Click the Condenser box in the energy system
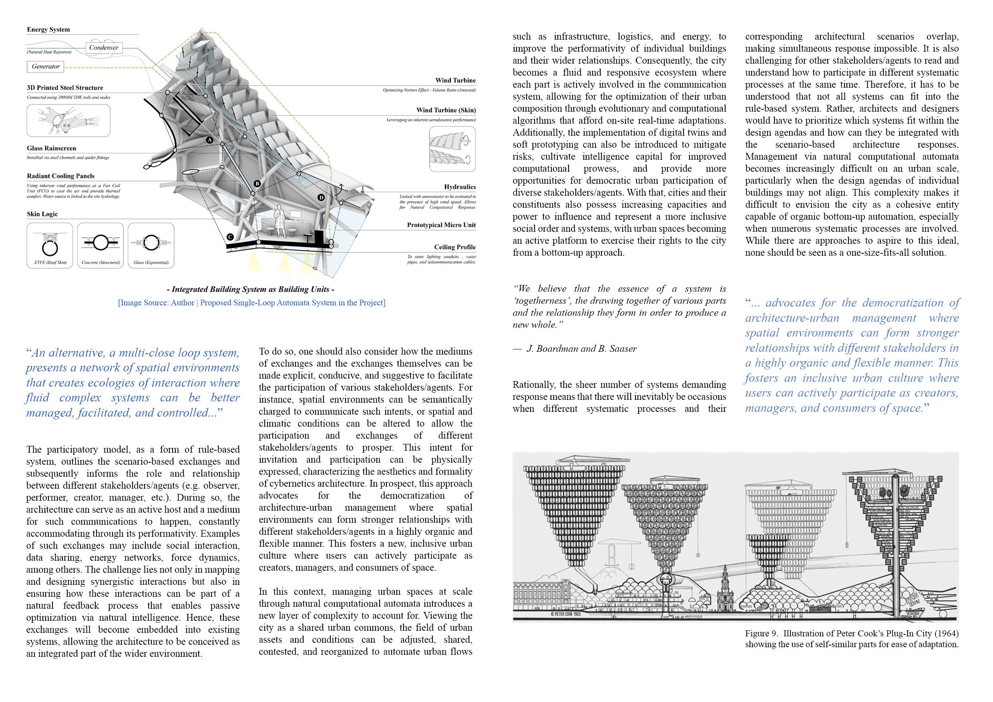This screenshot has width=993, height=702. (x=104, y=48)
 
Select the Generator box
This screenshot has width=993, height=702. (x=45, y=66)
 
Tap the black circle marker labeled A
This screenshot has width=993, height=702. (x=210, y=140)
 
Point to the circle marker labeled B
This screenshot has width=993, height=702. (x=257, y=184)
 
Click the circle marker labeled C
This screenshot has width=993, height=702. (x=230, y=237)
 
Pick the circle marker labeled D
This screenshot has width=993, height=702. (x=321, y=198)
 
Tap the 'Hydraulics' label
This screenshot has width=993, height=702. (x=460, y=187)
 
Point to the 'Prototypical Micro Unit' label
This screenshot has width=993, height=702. (x=441, y=225)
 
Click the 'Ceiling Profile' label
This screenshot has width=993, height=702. (x=455, y=247)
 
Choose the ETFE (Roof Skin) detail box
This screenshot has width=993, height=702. (x=50, y=245)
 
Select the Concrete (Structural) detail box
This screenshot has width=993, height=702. (x=101, y=245)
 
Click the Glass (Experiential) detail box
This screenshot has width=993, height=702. (x=151, y=245)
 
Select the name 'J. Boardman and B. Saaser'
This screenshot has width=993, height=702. (x=581, y=349)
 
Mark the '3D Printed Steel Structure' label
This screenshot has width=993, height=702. (x=65, y=88)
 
